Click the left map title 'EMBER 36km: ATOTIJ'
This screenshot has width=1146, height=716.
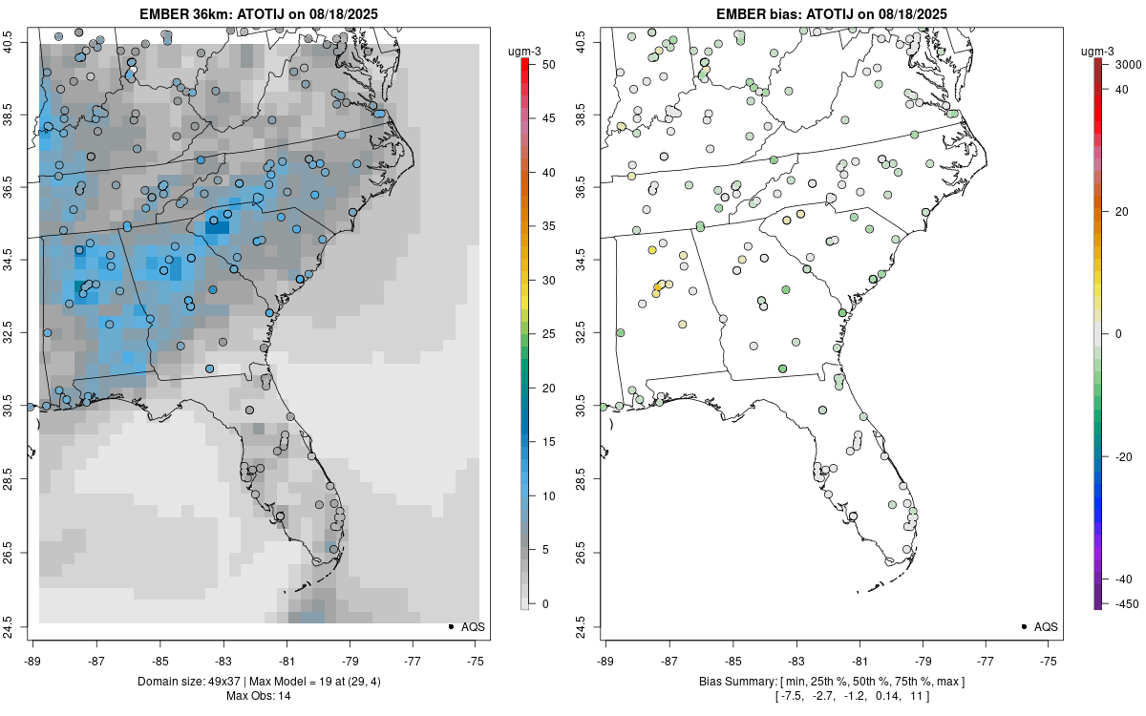pos(259,13)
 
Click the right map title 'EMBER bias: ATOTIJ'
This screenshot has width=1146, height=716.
pos(832,13)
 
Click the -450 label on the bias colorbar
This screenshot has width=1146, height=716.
pos(1125,603)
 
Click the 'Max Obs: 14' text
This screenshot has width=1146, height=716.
pos(259,696)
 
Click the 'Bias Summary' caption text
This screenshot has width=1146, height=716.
pos(832,682)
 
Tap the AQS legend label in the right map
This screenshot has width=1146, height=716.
pos(1047,626)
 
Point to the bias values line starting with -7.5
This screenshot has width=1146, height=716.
pos(832,696)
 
